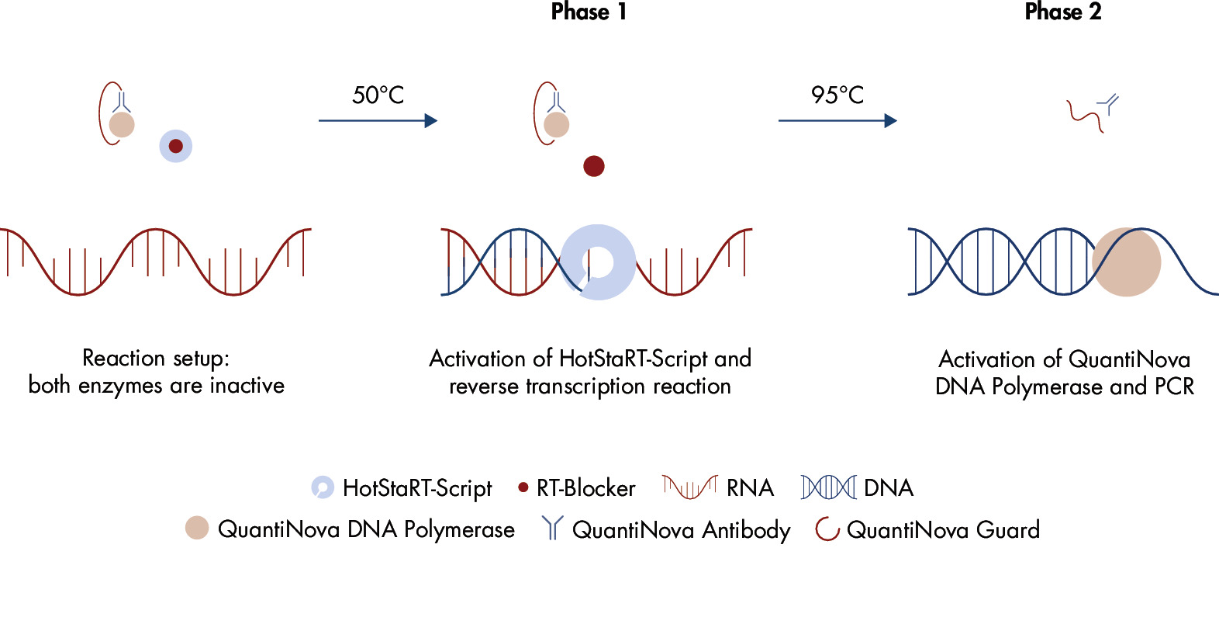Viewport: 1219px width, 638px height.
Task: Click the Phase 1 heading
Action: pos(589,12)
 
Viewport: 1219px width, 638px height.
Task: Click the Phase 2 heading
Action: pos(1062,12)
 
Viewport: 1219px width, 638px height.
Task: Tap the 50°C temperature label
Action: pos(378,95)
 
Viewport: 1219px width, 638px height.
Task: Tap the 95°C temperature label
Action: pos(837,95)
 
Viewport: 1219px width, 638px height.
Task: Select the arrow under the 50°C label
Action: pos(378,120)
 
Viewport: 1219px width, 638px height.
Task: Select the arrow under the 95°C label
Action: pos(837,120)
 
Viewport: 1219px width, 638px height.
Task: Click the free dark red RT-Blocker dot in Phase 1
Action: pos(593,166)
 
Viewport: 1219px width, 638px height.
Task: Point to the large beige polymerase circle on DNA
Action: pos(1127,262)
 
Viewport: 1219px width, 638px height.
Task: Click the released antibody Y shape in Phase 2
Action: pos(1109,104)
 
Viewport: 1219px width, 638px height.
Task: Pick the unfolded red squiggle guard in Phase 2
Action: pos(1084,116)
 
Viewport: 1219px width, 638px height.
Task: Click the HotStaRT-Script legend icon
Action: pos(322,487)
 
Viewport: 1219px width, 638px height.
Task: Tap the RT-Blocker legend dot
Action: pos(523,487)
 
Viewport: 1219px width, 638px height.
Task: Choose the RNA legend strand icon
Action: pos(689,487)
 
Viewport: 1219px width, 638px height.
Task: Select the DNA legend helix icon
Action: pos(828,487)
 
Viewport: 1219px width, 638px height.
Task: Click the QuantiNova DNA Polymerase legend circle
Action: pos(197,528)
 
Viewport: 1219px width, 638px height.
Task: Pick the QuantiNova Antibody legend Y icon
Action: pos(551,528)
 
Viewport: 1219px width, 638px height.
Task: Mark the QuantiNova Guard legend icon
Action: pos(827,529)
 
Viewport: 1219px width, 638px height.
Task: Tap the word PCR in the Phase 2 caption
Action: pos(1174,387)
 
